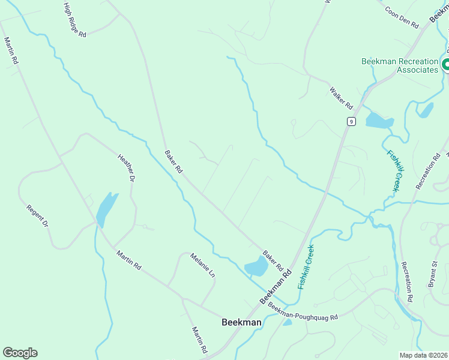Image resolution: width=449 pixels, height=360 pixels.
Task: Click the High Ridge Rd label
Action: point(75,20)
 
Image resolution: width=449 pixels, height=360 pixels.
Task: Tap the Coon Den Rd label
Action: point(402,17)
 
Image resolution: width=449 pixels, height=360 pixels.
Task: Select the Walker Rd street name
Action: point(341,98)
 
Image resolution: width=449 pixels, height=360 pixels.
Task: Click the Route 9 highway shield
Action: point(351,122)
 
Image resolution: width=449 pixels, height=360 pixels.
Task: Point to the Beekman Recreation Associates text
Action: point(400,65)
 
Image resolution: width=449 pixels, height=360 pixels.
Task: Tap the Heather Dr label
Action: point(126,167)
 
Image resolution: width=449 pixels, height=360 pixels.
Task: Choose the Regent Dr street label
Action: point(37,216)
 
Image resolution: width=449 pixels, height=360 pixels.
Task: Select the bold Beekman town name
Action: point(241,322)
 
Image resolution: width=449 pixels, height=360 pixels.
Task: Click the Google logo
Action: point(20,353)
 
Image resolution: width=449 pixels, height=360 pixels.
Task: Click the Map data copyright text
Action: point(423,355)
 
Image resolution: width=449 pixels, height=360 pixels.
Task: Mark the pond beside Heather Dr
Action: point(105,208)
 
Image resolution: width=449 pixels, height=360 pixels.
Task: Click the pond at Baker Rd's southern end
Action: point(256,266)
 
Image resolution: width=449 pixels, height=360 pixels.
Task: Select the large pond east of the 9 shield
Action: point(378,121)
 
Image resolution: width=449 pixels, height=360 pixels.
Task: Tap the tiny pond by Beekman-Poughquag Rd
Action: point(288,322)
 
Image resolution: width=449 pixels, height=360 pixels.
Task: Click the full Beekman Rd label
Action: point(275,286)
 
